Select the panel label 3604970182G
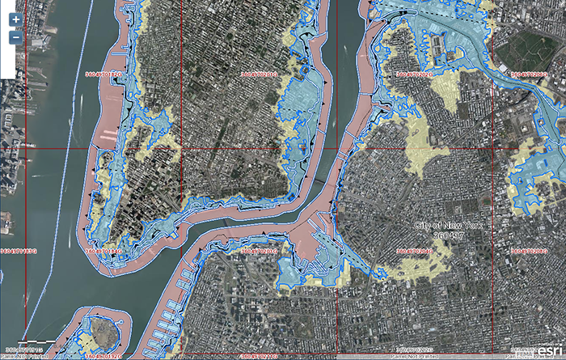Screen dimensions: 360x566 click(x=108, y=74)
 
